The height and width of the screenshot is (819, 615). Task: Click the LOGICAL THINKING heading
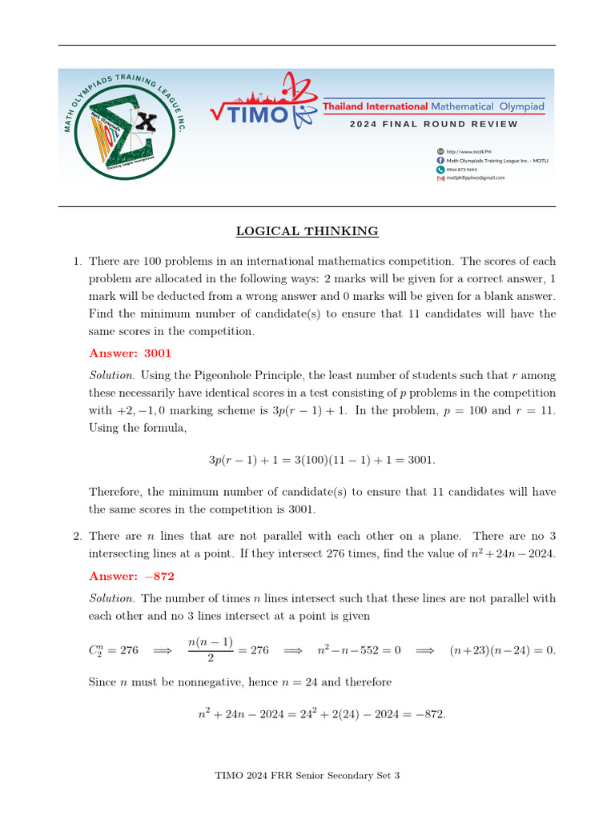[307, 232]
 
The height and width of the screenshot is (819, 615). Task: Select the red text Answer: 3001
[130, 353]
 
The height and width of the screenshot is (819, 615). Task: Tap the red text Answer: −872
[131, 576]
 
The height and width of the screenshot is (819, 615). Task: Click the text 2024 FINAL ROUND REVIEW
[433, 124]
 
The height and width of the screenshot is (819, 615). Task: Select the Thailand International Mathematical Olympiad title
[432, 106]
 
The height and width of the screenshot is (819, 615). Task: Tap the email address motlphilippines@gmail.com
[476, 178]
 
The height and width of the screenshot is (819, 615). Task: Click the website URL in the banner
[468, 151]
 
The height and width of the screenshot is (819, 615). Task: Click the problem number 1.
[77, 262]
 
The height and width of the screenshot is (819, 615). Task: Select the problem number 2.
[77, 536]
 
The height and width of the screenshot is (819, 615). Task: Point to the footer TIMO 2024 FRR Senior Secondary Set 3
[307, 775]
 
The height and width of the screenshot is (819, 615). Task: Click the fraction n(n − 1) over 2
[210, 650]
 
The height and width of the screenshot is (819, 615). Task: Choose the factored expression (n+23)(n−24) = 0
[501, 650]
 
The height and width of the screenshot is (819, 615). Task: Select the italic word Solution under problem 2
[111, 598]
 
